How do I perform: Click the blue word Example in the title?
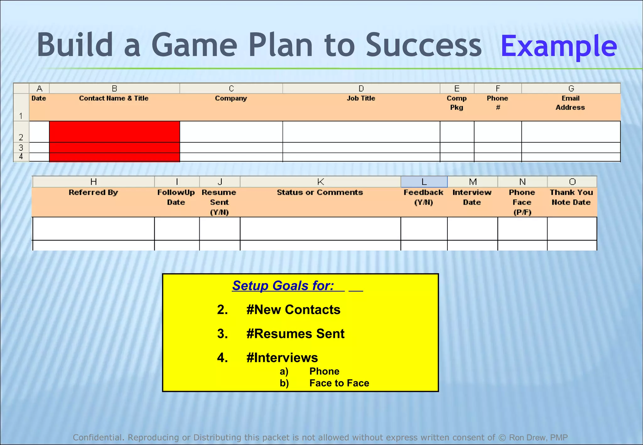[559, 46]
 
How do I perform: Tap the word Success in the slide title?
[424, 45]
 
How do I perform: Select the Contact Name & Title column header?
[114, 99]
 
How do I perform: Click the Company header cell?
[231, 99]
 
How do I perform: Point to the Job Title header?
[361, 99]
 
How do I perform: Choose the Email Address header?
[570, 103]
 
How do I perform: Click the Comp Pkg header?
[457, 103]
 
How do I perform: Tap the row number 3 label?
[21, 147]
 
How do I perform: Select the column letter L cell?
[424, 182]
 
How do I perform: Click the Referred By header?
[93, 192]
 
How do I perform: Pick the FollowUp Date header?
[176, 197]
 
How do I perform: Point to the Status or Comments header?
[320, 192]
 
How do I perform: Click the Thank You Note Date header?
[571, 197]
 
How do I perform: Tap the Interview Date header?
[472, 197]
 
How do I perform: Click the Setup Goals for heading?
[283, 286]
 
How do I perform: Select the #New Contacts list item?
[293, 310]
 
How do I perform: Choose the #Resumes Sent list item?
[295, 334]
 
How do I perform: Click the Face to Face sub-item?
[339, 383]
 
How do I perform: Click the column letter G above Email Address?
[571, 88]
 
